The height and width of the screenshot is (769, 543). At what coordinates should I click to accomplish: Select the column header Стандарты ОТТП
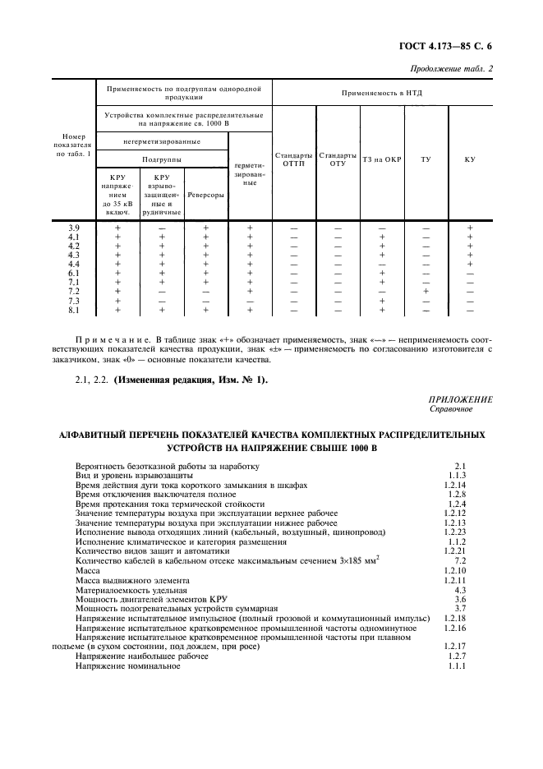coord(293,159)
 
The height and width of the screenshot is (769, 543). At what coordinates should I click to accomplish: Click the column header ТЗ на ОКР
coord(382,159)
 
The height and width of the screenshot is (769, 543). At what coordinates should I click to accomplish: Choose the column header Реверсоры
coord(205,195)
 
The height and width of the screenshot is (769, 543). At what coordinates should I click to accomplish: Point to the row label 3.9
coord(74,228)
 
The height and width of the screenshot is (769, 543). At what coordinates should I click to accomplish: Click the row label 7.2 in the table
coord(74,292)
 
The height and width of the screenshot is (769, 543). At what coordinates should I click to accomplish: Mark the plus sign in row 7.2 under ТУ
coord(426,292)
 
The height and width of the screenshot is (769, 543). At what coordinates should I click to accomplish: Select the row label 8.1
coord(74,311)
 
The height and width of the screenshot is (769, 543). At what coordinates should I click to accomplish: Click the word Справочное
coord(451,408)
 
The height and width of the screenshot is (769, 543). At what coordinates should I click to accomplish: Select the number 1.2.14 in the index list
coord(454,486)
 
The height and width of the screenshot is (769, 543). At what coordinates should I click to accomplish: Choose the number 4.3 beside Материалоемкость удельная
coord(460,590)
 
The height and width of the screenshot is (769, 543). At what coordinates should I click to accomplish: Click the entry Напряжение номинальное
coord(127,666)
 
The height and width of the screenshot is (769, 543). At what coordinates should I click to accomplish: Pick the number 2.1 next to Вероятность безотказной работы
coord(460,466)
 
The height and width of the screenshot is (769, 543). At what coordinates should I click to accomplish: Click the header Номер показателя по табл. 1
coord(74,144)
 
